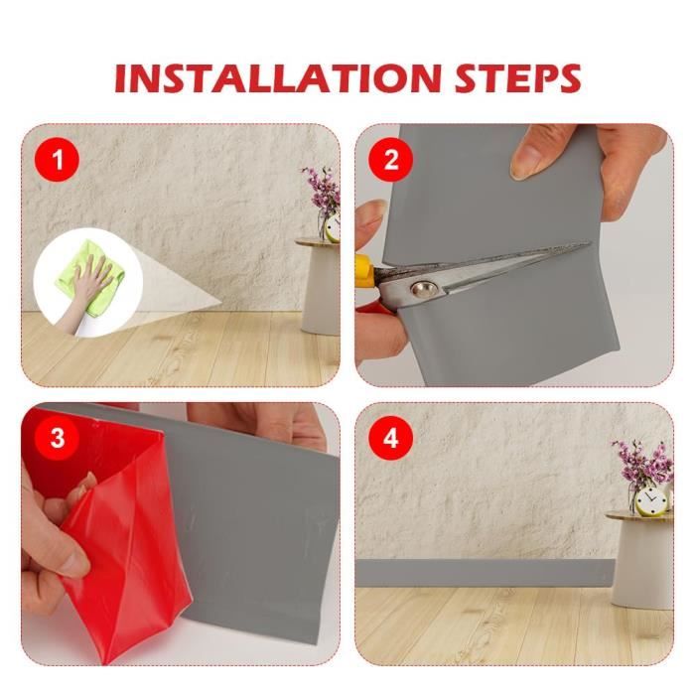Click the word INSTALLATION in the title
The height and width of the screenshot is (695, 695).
[278, 78]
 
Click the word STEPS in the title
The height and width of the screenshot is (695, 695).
[517, 78]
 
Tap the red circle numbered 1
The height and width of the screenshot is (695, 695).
[58, 160]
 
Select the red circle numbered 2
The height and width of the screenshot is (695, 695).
[390, 160]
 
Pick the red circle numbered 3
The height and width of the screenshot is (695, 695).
[58, 439]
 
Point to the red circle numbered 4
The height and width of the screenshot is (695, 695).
[390, 439]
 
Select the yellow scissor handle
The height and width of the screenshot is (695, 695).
[364, 269]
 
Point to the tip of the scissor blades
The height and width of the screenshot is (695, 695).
[590, 243]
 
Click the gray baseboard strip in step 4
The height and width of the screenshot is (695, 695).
[486, 573]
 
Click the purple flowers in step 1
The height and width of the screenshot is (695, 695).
[321, 191]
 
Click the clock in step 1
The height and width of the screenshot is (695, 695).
[332, 228]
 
